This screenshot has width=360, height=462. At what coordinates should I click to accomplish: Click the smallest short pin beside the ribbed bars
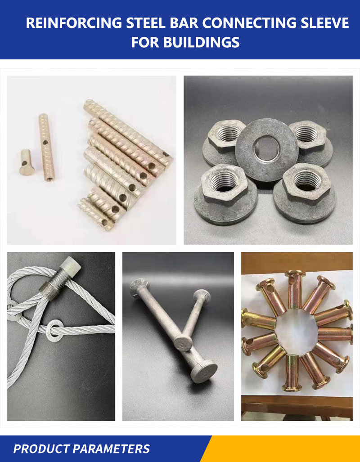(26, 162)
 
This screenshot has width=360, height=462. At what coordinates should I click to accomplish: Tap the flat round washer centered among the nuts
(266, 149)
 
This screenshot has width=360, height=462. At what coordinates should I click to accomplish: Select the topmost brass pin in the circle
(295, 288)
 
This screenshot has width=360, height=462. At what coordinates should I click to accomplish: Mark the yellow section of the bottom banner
(288, 449)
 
